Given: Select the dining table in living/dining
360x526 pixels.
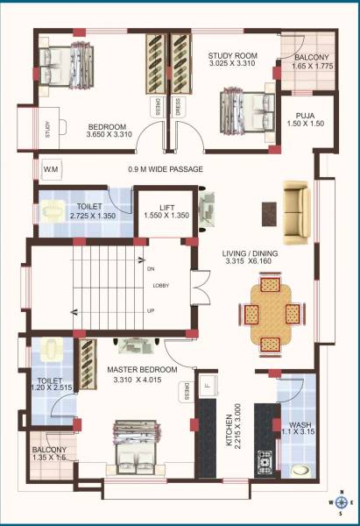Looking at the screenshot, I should pos(270,313).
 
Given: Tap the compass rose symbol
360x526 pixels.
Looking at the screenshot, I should pos(343,503).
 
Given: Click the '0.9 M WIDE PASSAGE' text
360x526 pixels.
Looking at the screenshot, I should pos(166,169).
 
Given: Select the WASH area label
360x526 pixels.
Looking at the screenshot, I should pos(300,425).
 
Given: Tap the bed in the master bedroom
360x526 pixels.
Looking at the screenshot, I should pos(136,448).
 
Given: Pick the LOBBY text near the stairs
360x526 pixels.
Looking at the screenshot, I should pos(161,286).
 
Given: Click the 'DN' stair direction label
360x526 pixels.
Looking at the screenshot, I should pos(151,269).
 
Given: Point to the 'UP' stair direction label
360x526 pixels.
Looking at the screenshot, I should pos(151,311).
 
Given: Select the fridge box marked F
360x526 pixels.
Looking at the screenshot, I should pos(208,383).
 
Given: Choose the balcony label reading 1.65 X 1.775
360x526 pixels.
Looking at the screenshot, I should pos(309,60).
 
